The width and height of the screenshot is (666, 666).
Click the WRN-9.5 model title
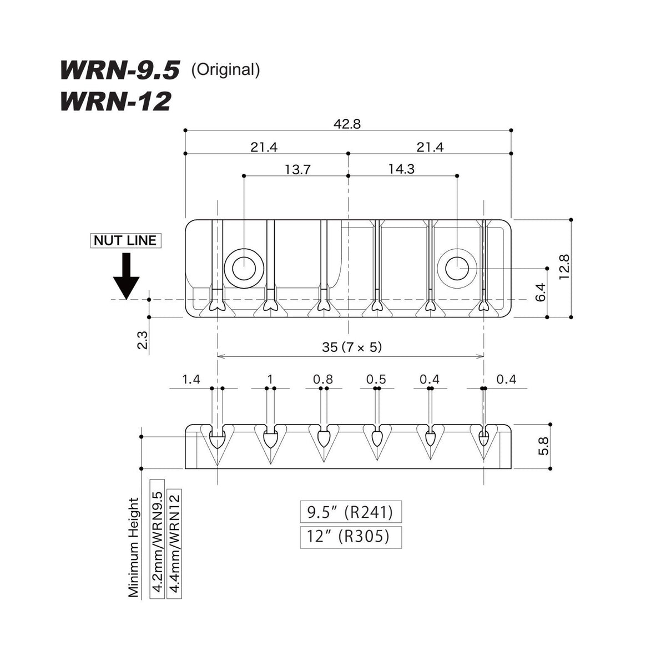point(120,70)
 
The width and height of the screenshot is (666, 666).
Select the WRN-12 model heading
point(116,101)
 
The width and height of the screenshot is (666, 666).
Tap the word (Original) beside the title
point(225,70)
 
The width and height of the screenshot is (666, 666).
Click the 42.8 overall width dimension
point(347,124)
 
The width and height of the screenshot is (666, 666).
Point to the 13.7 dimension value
point(297,170)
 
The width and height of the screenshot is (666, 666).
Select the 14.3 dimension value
point(401,169)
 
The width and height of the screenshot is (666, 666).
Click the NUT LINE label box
point(126,240)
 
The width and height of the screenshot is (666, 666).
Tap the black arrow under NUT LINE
point(127,276)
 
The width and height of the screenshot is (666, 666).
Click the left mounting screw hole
point(244,269)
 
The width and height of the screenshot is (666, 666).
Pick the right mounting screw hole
point(457,269)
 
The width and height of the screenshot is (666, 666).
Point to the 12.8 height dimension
point(564,267)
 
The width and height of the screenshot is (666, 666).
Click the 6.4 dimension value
point(541,292)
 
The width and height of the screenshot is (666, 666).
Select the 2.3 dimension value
point(142,340)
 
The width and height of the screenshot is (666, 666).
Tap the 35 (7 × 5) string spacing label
point(352,347)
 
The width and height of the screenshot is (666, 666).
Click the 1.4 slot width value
point(191,380)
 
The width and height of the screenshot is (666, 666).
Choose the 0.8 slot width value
point(323,380)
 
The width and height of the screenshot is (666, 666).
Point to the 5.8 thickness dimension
point(543,446)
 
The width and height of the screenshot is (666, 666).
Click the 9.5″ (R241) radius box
point(351,512)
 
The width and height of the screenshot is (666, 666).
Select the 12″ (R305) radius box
point(351,537)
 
